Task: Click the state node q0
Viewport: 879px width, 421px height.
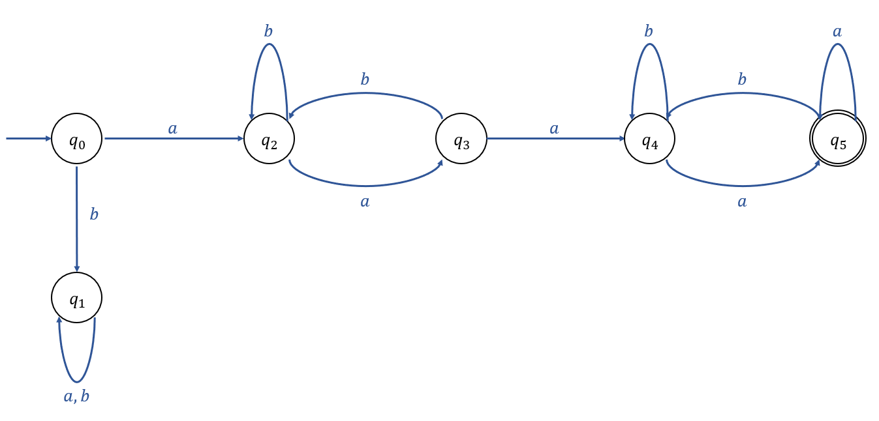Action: click(x=77, y=139)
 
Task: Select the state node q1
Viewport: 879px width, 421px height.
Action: click(x=77, y=298)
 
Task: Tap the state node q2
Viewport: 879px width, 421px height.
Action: click(x=269, y=139)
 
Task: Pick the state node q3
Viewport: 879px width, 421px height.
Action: click(x=461, y=139)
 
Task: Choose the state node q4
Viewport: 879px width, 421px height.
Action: click(x=649, y=139)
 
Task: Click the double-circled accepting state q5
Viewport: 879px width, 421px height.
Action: click(x=837, y=139)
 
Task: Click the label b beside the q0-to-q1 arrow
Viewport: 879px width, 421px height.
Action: click(x=94, y=214)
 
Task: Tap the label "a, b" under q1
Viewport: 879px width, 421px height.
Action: click(x=76, y=396)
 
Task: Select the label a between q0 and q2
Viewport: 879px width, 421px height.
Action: click(x=172, y=129)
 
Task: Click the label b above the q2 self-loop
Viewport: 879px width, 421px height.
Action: click(x=268, y=31)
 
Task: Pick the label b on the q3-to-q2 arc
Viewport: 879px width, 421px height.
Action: click(x=365, y=80)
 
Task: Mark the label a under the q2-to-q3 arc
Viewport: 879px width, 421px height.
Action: click(x=365, y=202)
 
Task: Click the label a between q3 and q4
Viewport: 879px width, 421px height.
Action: click(x=554, y=129)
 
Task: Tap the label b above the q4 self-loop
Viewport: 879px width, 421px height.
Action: click(x=649, y=31)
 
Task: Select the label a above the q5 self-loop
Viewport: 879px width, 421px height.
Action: click(x=837, y=31)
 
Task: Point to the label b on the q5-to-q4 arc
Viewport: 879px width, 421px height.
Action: click(x=742, y=80)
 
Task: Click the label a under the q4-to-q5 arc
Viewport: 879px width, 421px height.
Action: click(x=742, y=202)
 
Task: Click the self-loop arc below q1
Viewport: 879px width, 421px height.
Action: click(x=76, y=381)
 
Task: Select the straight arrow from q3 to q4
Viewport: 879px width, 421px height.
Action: click(x=555, y=138)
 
